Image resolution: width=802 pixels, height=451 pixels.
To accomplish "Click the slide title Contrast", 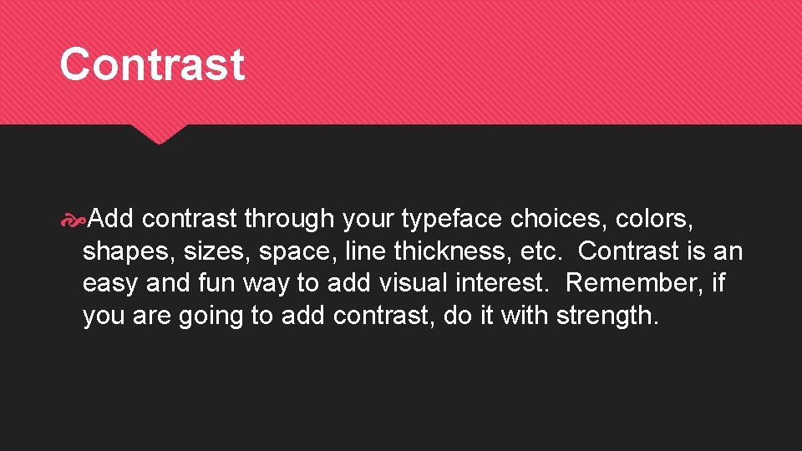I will coord(152,64).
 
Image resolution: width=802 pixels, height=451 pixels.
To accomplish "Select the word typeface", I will coord(452,220).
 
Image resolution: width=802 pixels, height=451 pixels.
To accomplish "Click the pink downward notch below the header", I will coord(159,134).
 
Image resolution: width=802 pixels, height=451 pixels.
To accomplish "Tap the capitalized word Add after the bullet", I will coord(112,219).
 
